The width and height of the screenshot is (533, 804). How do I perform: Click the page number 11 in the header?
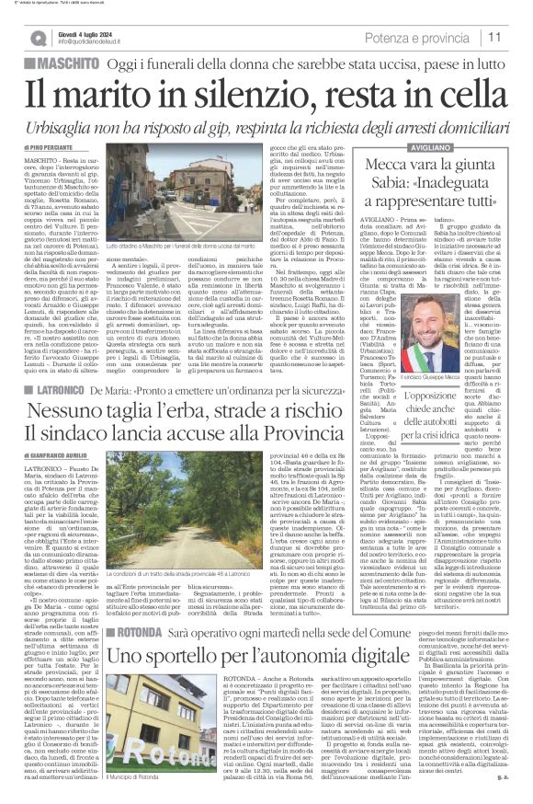coord(493,37)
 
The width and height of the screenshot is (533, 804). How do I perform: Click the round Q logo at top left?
coord(38,38)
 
